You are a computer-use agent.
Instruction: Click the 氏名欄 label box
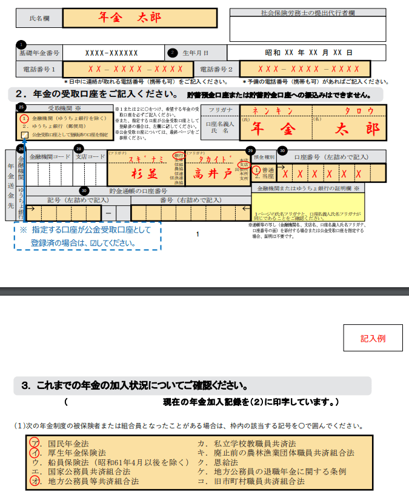point(38,19)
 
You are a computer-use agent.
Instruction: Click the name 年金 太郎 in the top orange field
point(130,17)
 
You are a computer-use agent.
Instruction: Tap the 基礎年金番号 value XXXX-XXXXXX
point(112,53)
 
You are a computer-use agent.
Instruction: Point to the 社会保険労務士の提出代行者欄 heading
point(307,12)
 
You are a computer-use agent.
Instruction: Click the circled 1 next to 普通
point(256,171)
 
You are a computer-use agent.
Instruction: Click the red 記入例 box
point(373,338)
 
